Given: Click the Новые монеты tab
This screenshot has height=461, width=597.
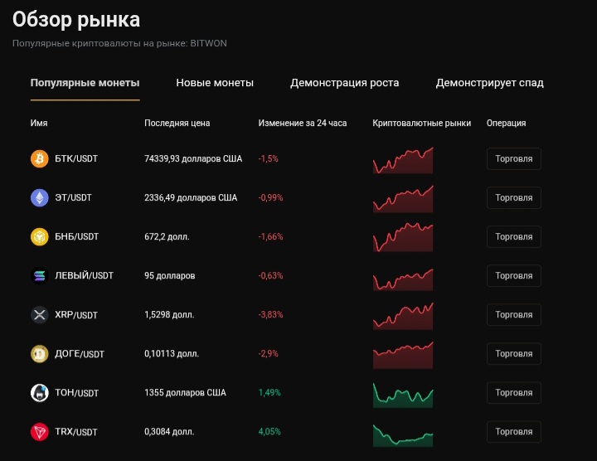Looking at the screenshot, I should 215,83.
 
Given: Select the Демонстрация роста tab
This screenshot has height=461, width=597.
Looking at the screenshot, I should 344,83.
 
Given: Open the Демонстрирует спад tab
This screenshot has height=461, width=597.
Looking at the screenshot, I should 489,83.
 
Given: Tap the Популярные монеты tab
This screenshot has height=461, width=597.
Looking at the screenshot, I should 85,83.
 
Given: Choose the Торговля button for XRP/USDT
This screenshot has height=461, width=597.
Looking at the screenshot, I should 513,315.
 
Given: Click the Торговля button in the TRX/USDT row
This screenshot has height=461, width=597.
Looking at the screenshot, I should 513,432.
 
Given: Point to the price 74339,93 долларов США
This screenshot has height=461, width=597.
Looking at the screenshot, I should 193,158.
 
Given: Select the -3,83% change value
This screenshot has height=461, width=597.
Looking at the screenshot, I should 271,315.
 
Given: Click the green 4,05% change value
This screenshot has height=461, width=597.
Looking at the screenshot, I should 270,432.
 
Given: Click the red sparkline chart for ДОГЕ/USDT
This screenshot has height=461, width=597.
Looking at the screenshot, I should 403,355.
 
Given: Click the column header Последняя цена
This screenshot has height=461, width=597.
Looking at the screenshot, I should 177,123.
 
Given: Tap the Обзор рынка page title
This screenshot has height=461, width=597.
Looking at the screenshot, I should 76,20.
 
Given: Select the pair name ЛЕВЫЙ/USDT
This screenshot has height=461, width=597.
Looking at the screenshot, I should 84,275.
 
